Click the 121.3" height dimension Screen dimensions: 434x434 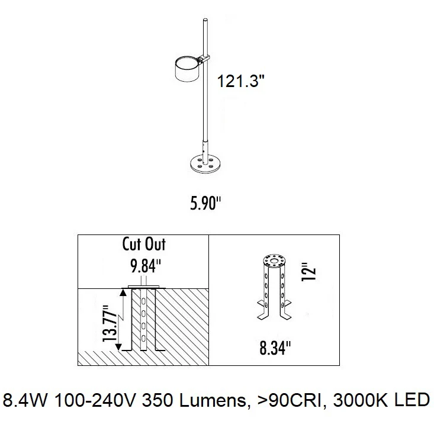click(240, 81)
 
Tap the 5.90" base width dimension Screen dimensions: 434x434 click(205, 203)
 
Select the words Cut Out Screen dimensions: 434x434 click(144, 244)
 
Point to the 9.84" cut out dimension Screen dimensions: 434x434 click(146, 266)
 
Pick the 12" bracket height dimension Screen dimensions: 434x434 click(308, 272)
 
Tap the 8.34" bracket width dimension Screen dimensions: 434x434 click(275, 348)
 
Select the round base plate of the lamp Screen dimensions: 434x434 click(205, 165)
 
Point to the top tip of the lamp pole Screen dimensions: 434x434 click(205, 19)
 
